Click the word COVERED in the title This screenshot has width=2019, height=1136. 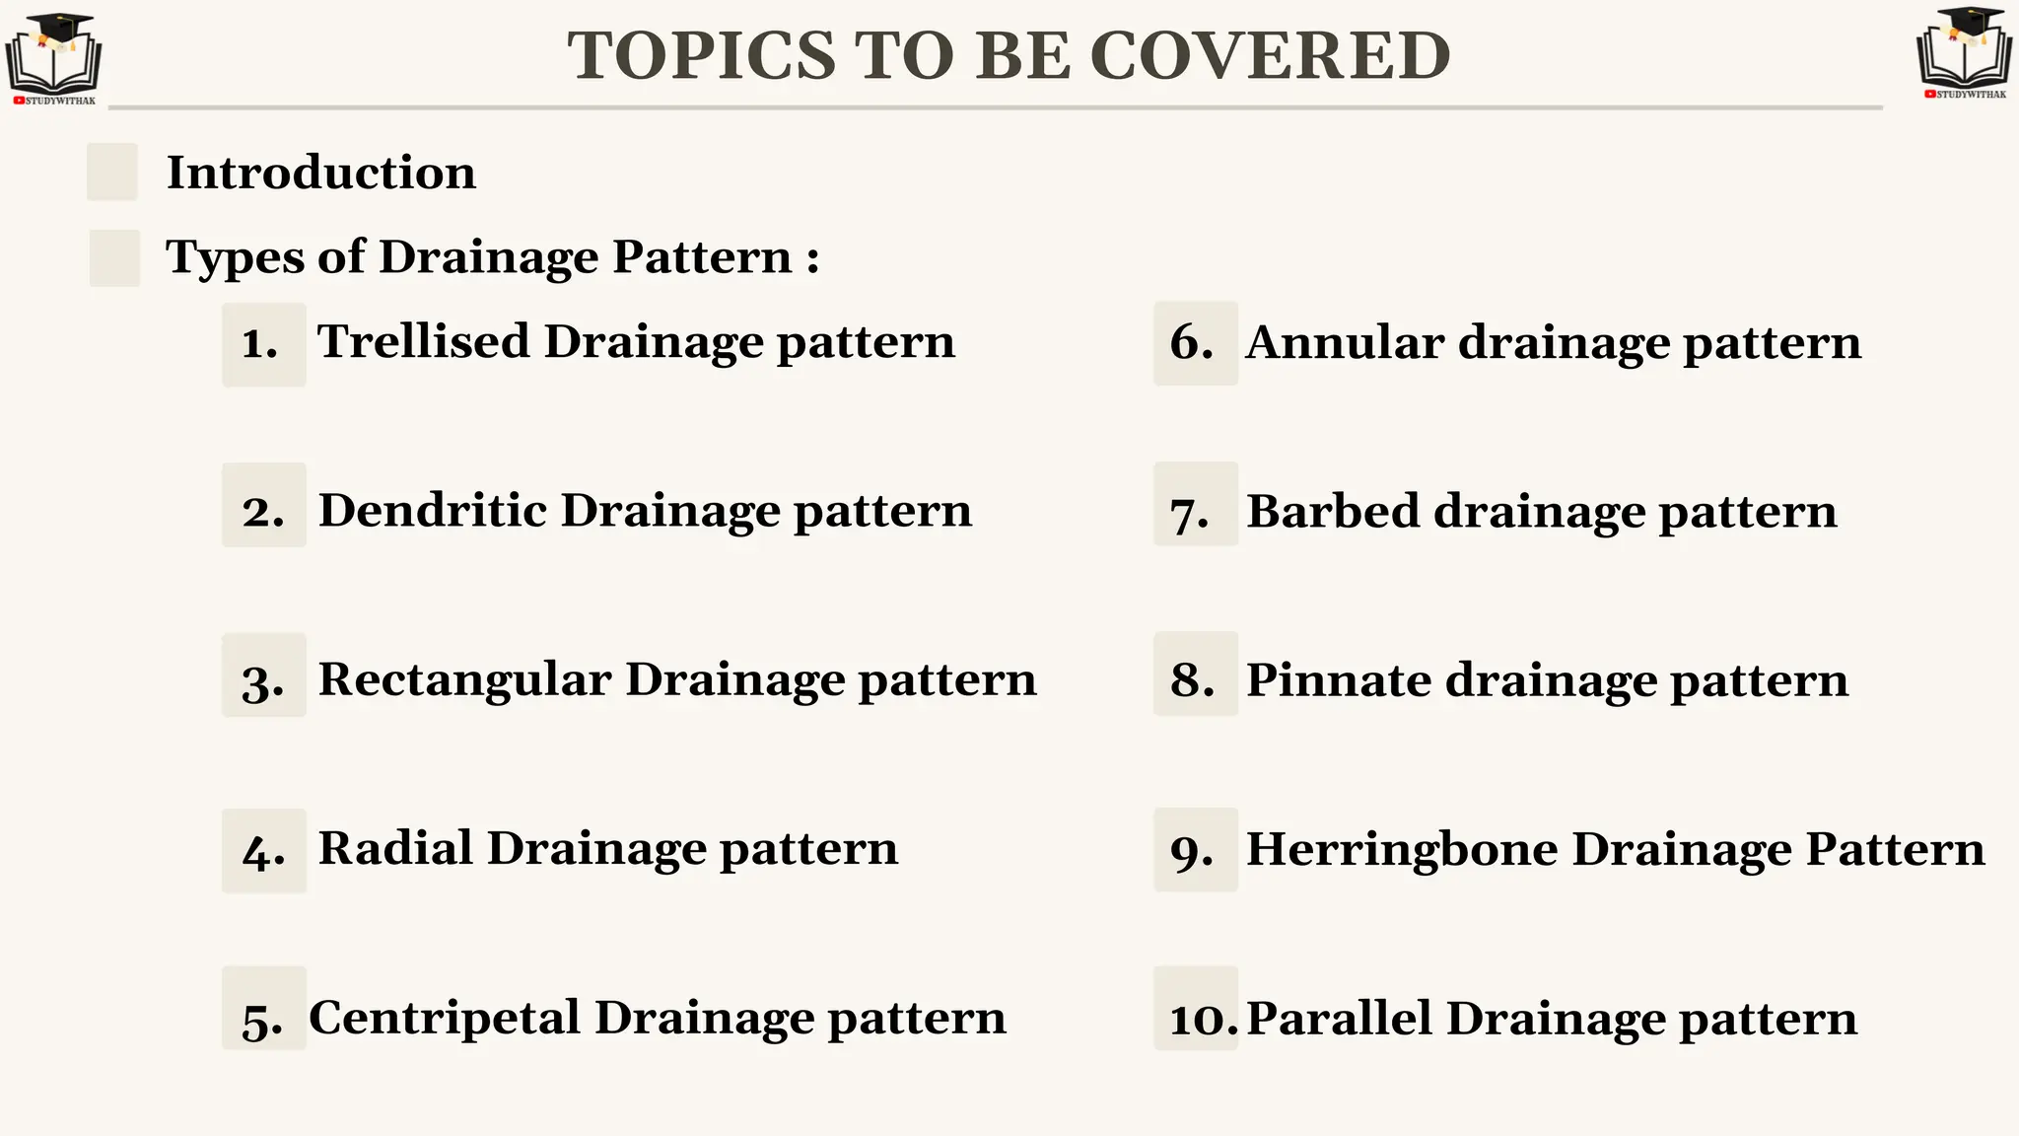click(x=1271, y=55)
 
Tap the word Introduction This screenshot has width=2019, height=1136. click(x=320, y=173)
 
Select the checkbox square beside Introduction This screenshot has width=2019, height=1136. click(x=112, y=172)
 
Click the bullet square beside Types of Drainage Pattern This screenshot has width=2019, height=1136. click(x=114, y=257)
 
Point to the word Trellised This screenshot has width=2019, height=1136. click(x=423, y=342)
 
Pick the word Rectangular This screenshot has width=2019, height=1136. click(x=464, y=680)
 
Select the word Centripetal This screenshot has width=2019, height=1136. click(x=444, y=1018)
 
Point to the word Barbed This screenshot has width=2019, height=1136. click(x=1332, y=512)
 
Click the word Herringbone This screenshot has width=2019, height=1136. click(x=1401, y=849)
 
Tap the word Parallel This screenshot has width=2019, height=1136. click(x=1338, y=1019)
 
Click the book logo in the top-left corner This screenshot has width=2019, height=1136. click(x=53, y=59)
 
